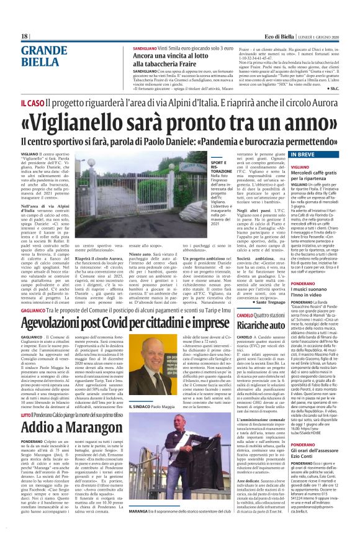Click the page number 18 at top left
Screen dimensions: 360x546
point(25,37)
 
